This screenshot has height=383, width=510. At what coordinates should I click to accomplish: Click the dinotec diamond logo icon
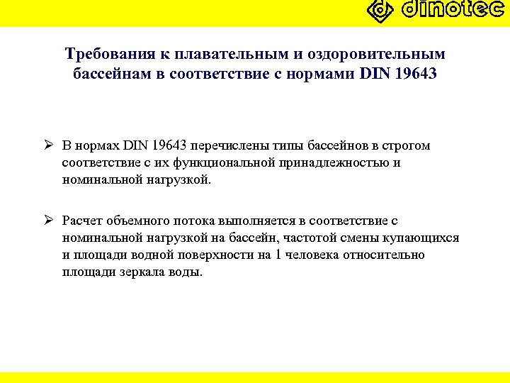[380, 11]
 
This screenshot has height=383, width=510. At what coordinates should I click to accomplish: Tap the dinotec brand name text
[453, 10]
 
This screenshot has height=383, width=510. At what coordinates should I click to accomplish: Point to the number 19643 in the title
[416, 73]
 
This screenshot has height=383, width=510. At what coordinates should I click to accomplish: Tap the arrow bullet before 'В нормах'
[48, 146]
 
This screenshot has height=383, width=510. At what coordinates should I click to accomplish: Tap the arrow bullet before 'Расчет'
[48, 221]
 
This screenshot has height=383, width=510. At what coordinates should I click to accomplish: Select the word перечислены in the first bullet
[227, 146]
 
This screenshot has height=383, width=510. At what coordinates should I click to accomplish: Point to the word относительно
[385, 255]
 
